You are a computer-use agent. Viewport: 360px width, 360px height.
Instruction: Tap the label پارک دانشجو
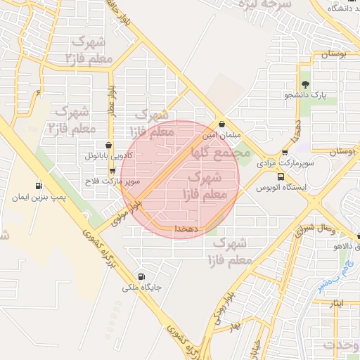[x=309, y=94]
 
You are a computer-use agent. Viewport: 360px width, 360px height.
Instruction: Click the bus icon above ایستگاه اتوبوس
[x=281, y=176]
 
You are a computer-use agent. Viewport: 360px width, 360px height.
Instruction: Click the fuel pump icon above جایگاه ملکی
[x=143, y=276]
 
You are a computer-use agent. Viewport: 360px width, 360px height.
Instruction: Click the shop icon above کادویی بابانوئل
[x=109, y=145]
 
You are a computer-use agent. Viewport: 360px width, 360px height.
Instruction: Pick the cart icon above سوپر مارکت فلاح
[x=112, y=171]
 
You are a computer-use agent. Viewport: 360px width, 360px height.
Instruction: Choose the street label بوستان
[x=335, y=54]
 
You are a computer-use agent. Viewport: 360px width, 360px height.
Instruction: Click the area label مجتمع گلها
[x=220, y=148]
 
